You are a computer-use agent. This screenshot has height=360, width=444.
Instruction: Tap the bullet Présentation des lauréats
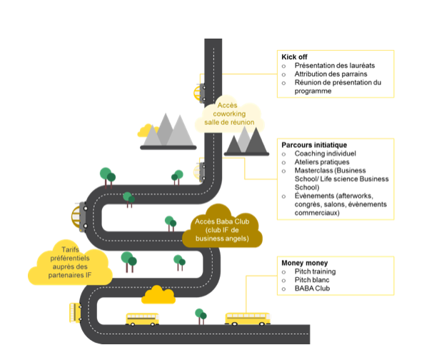pyautogui.click(x=329, y=65)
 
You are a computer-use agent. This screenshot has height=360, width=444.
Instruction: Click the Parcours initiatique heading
pyautogui.click(x=314, y=144)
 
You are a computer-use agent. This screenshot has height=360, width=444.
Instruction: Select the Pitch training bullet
pyautogui.click(x=315, y=272)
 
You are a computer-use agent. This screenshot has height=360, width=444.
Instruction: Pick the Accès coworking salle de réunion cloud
pyautogui.click(x=227, y=115)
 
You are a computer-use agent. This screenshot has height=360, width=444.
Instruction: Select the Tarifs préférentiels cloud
pyautogui.click(x=69, y=263)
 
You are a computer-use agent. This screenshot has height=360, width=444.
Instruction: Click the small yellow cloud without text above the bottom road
pyautogui.click(x=158, y=294)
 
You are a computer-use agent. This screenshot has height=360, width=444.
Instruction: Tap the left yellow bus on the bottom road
pyautogui.click(x=143, y=319)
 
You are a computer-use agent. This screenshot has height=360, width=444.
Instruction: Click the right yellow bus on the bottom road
pyautogui.click(x=247, y=318)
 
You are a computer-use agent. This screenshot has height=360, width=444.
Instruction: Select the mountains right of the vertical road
pyautogui.click(x=246, y=140)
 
